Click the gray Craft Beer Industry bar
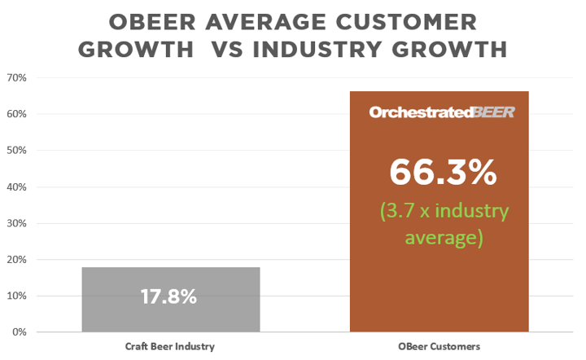(171, 300)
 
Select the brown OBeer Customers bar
(439, 211)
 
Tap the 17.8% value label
(168, 296)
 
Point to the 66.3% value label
(443, 173)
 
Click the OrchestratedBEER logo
(442, 112)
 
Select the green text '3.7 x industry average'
(444, 224)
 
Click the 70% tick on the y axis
(17, 77)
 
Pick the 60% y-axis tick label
(17, 114)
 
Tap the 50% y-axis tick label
(17, 151)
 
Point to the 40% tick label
(17, 187)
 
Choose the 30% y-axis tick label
(17, 223)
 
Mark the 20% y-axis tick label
(17, 260)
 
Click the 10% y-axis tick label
(17, 296)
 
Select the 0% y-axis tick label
(20, 332)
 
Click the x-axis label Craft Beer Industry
(169, 346)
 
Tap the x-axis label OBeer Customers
(439, 346)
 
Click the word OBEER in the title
(152, 22)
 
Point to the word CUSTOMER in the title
(406, 22)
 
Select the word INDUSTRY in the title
(317, 50)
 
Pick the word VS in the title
(228, 50)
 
